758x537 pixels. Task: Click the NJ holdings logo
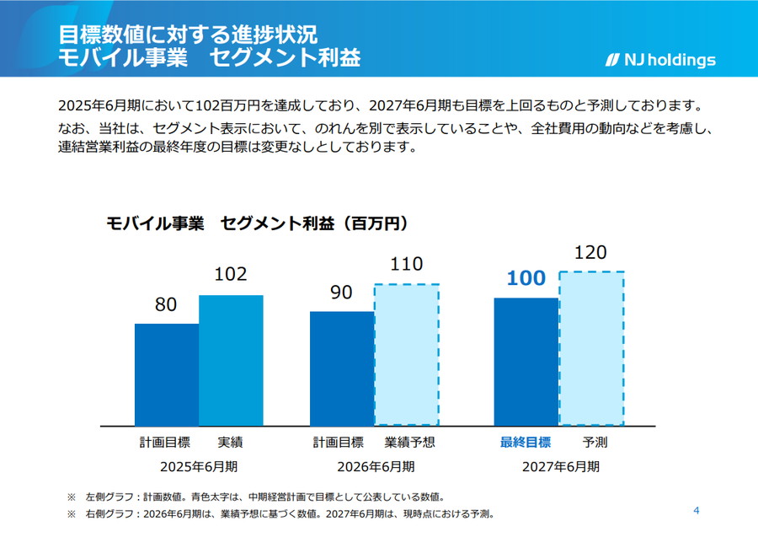tap(660, 60)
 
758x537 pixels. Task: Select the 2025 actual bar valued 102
tap(231, 360)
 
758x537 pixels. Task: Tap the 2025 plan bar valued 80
tap(167, 374)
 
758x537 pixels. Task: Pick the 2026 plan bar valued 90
tap(342, 368)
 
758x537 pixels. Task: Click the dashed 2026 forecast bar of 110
tap(407, 354)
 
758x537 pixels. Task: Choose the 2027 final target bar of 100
tap(526, 362)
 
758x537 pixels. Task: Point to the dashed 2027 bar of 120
tap(591, 348)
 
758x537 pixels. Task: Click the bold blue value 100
tap(526, 279)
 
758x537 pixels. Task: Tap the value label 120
tap(590, 253)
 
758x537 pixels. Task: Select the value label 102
tap(231, 275)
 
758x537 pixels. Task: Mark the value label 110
tap(406, 265)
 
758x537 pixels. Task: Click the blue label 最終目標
tap(526, 442)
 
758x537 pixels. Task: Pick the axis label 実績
tap(230, 442)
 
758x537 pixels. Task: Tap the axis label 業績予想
tap(410, 442)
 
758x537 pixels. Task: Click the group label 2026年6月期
tap(376, 465)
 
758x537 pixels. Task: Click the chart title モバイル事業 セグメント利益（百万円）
tap(257, 223)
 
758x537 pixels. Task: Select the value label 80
tap(166, 305)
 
